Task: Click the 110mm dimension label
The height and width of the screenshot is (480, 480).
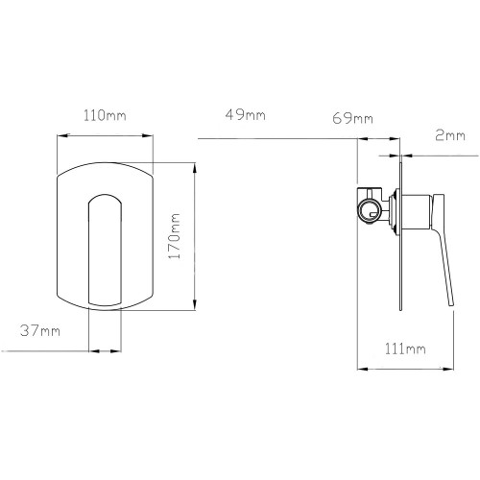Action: tap(105, 115)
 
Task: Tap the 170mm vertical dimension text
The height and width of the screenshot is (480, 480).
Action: tap(175, 236)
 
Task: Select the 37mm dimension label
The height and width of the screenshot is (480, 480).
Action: tap(40, 330)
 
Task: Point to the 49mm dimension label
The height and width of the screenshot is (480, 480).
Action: tap(245, 114)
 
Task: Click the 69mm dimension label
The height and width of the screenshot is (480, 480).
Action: tap(352, 118)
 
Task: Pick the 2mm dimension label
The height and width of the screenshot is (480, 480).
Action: tap(450, 135)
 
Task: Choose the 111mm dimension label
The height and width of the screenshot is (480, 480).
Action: tap(405, 348)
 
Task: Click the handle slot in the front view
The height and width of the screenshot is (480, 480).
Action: tap(105, 251)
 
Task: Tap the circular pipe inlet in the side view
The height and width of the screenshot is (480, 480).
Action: tap(370, 211)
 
